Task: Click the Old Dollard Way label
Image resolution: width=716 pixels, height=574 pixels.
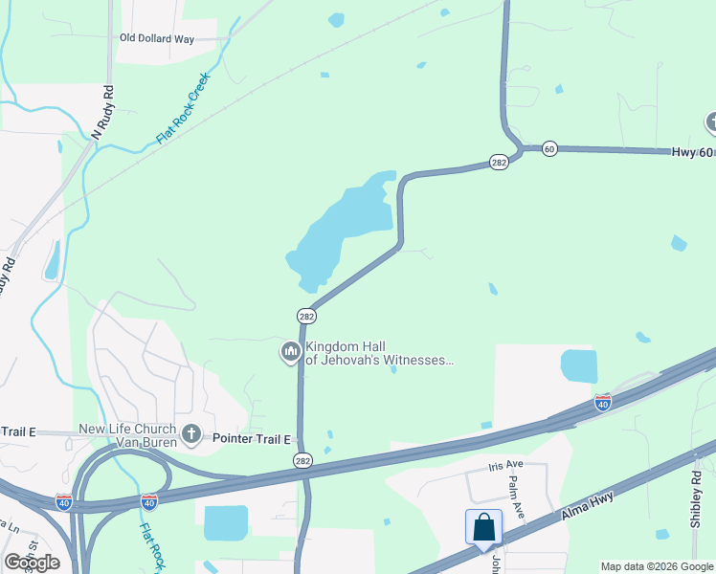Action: pos(156,39)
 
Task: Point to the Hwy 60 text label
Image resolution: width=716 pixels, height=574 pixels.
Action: pos(692,153)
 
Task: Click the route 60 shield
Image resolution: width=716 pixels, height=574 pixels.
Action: pos(548,148)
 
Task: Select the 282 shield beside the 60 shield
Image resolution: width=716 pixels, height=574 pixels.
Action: pos(499,163)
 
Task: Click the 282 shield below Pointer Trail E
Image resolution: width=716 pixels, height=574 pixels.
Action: pos(302,460)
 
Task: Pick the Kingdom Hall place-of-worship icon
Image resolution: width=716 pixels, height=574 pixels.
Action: pos(290,353)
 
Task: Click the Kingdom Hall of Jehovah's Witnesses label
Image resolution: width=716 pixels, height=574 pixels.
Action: pos(377,353)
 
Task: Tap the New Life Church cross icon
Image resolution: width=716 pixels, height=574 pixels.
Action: pos(190,434)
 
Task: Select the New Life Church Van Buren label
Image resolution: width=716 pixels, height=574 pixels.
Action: pos(128,435)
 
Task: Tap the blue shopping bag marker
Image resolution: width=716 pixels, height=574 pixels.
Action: pos(483,527)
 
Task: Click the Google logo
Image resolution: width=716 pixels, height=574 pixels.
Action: pos(32,563)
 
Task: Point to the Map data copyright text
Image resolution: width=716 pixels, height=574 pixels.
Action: pos(657,566)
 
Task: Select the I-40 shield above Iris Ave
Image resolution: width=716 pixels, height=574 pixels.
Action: pos(602,404)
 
